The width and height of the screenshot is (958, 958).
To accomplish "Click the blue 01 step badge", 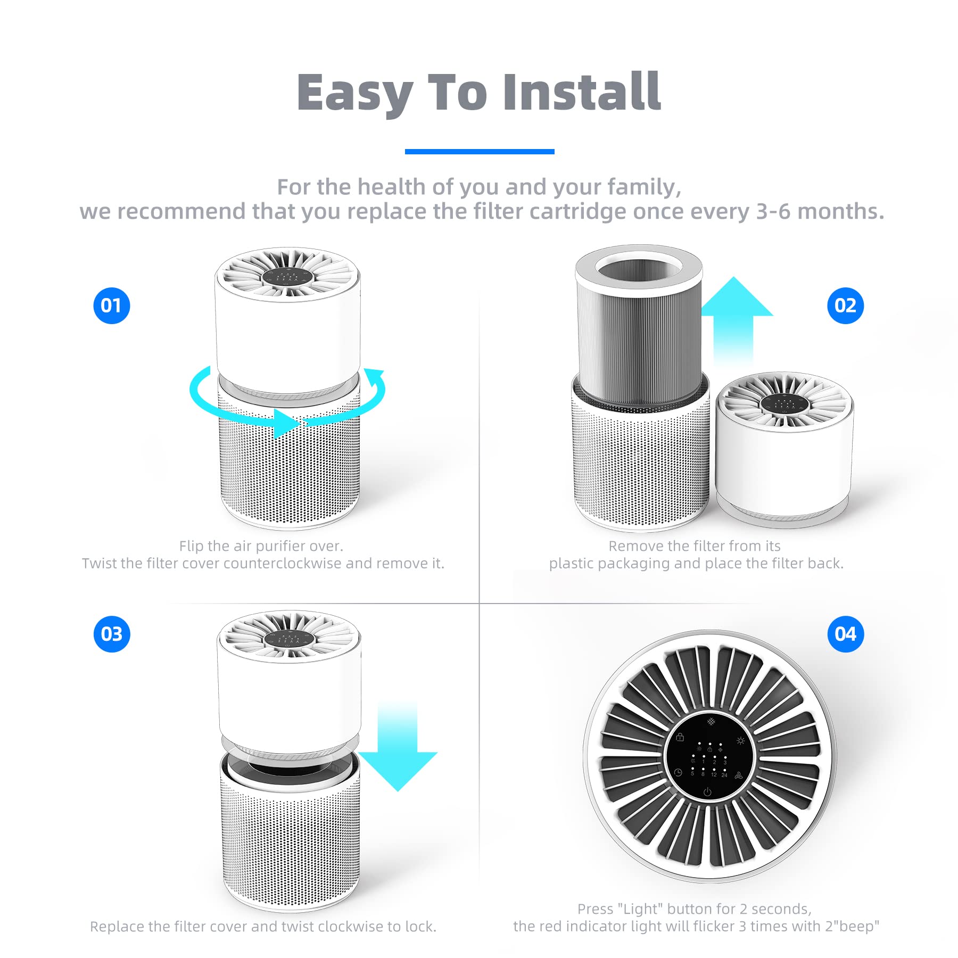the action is click(x=112, y=305).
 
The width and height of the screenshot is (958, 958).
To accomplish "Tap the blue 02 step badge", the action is click(x=845, y=305).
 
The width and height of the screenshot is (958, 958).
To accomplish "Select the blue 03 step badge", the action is click(x=112, y=634).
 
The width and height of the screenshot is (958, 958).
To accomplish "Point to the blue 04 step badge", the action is click(x=845, y=634).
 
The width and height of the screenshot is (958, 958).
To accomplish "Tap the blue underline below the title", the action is click(x=480, y=152).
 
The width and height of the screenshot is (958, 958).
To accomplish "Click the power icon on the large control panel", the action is click(x=707, y=792).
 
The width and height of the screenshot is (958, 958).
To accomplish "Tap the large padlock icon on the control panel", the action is click(x=680, y=737).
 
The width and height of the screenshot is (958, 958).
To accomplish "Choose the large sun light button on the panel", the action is click(x=740, y=740).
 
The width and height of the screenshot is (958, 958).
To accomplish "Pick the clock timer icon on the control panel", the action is click(x=678, y=773).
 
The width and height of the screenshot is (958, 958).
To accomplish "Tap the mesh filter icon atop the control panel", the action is click(x=711, y=721).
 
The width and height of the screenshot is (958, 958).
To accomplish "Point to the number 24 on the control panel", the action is click(x=724, y=775).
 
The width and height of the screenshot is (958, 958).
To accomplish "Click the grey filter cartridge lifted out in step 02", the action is click(x=640, y=327).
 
